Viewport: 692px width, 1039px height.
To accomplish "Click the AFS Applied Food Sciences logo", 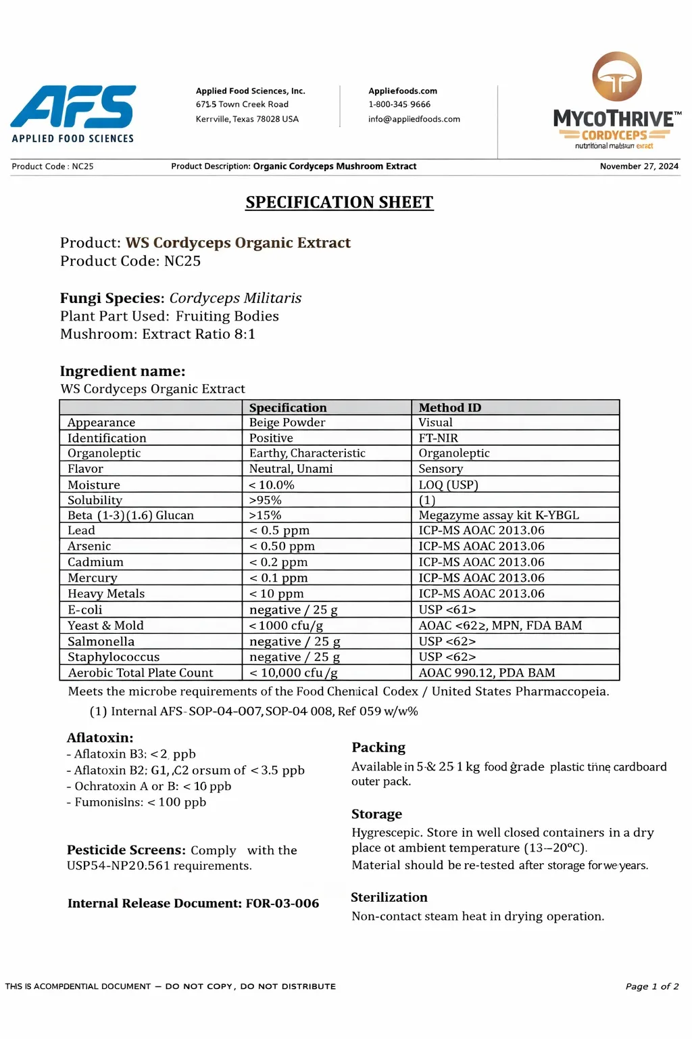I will point(73,113).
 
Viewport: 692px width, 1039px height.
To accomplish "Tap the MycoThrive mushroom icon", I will point(616,76).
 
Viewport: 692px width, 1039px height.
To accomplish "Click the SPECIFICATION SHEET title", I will point(339,202).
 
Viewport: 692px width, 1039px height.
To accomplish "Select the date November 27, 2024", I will point(639,166).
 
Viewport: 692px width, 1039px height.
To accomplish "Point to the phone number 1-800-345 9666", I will point(399,104).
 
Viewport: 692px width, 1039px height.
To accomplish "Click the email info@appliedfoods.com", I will point(414,119).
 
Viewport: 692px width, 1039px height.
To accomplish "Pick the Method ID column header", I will point(449,407).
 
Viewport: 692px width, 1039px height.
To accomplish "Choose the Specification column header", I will point(288,407).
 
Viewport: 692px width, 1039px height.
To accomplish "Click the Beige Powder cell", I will point(287,423).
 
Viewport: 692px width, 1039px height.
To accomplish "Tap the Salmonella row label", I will point(101,641).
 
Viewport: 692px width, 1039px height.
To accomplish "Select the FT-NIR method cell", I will point(438,438).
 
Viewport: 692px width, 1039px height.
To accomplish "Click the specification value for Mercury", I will point(278,578).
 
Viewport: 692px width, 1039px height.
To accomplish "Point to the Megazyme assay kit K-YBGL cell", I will point(499,515).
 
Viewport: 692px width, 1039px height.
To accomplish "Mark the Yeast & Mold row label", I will point(105,626).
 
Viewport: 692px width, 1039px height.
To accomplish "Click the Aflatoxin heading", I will point(100,738).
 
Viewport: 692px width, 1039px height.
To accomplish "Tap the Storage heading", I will point(376,814).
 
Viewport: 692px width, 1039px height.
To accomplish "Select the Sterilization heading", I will point(389,898).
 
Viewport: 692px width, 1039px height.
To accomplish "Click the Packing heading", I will point(378,747).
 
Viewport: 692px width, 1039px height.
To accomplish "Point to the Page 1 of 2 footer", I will point(651,986).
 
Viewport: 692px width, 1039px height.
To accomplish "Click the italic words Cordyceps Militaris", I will point(235,298).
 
